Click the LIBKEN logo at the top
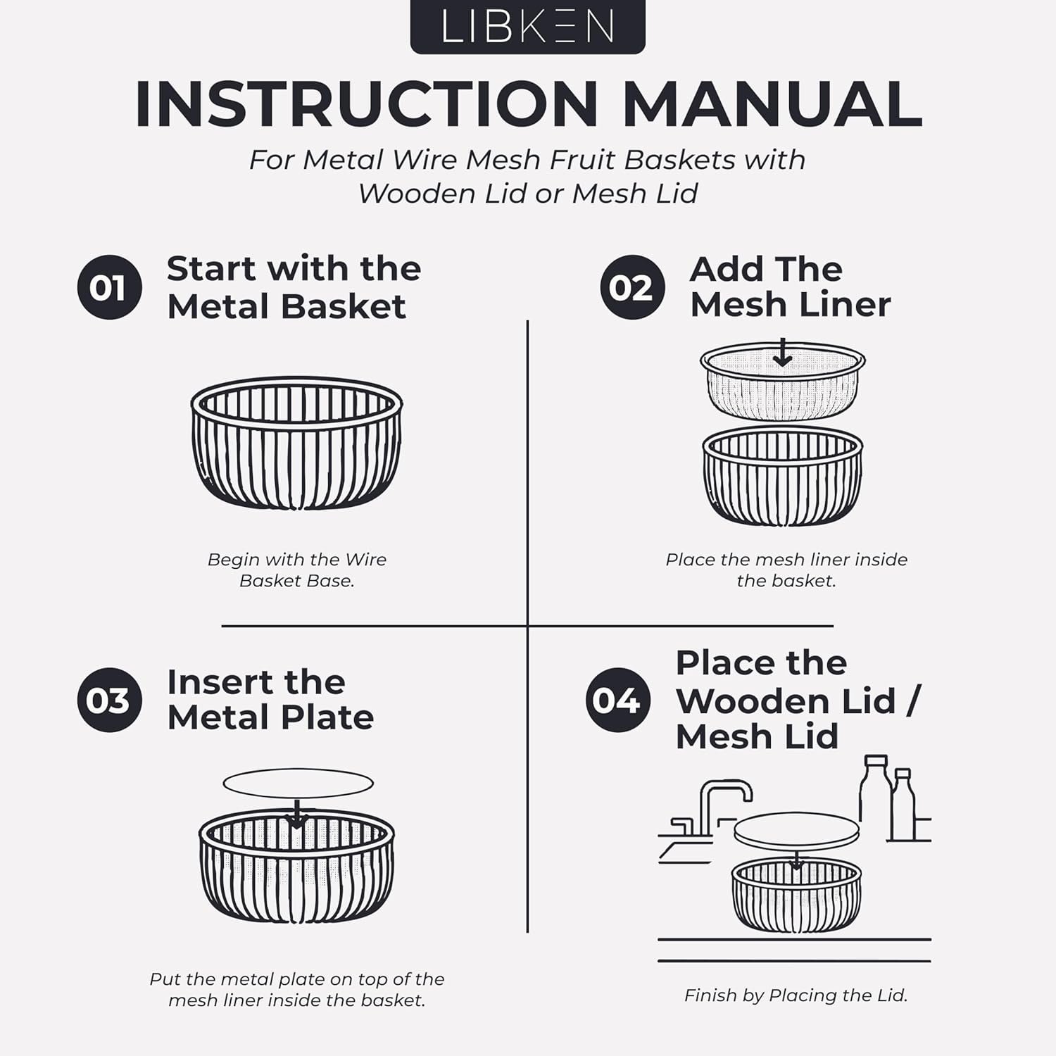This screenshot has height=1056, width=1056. [x=527, y=26]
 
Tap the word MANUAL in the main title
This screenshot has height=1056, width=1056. [x=772, y=104]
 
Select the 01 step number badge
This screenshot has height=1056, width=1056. [x=109, y=287]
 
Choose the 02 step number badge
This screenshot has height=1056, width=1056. [x=631, y=287]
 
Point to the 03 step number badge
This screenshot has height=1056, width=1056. [x=109, y=700]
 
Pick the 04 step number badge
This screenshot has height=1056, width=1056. [x=617, y=700]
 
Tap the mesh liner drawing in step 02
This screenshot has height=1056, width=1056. [x=782, y=382]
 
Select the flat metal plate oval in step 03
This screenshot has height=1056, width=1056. [x=298, y=783]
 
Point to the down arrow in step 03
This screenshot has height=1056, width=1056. [x=298, y=815]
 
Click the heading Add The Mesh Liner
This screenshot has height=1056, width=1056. [x=790, y=287]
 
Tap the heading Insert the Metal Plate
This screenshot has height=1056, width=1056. [x=270, y=700]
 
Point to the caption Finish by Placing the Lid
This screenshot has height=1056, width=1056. [x=796, y=995]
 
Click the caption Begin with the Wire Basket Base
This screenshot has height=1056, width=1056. [x=297, y=570]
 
